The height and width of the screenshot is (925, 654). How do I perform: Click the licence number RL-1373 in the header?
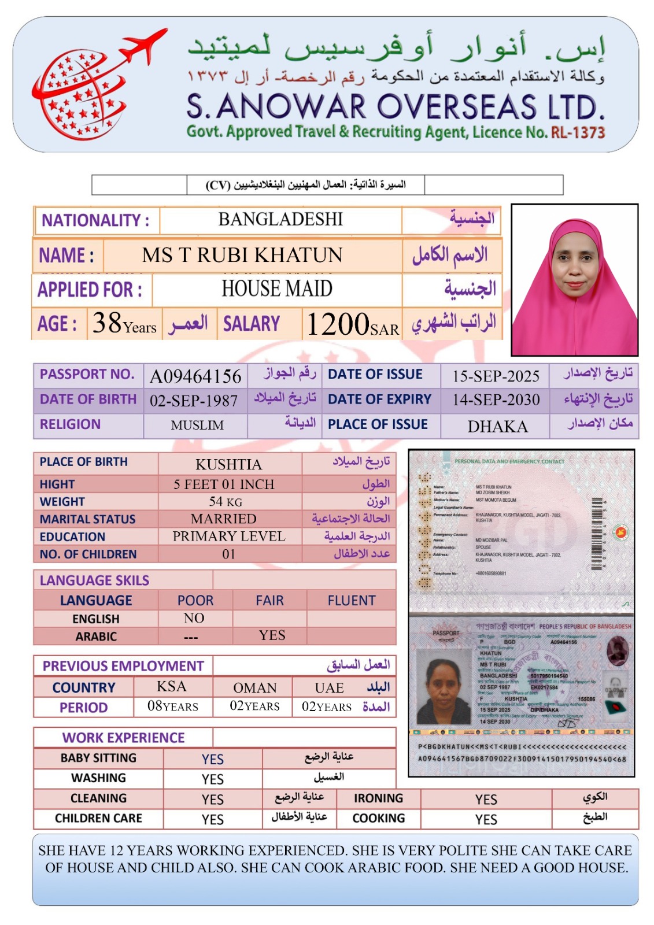578,133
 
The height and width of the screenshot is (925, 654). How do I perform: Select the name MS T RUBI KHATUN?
242,255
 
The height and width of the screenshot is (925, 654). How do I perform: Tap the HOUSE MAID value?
277,288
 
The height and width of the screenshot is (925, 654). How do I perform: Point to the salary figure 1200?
338,324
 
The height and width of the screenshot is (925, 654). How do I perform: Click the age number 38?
107,323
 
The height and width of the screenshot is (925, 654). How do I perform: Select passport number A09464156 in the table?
195,376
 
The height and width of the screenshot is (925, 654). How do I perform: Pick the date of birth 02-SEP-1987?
194,401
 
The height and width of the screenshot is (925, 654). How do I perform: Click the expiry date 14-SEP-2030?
496,400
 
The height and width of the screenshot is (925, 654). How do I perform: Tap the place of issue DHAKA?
497,427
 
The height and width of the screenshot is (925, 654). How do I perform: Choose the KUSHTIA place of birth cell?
228,464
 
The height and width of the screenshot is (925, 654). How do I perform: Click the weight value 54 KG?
226,501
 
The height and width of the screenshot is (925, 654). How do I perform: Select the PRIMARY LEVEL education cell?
229,536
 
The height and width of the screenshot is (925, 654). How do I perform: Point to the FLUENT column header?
352,601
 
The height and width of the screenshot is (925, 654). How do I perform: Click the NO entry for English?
194,618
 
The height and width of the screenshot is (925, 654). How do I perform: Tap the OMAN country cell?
255,687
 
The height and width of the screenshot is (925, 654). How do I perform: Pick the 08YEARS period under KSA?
172,706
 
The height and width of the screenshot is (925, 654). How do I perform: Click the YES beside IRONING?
486,799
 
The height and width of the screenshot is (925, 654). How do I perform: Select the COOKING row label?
379,818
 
